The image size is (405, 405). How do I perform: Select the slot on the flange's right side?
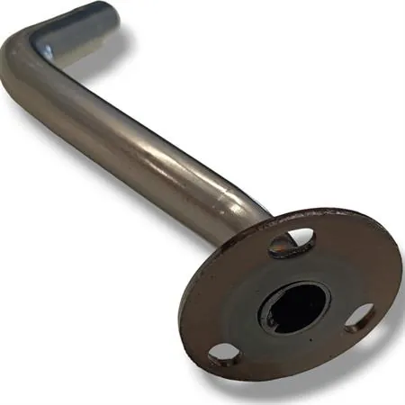click(x=360, y=317)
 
